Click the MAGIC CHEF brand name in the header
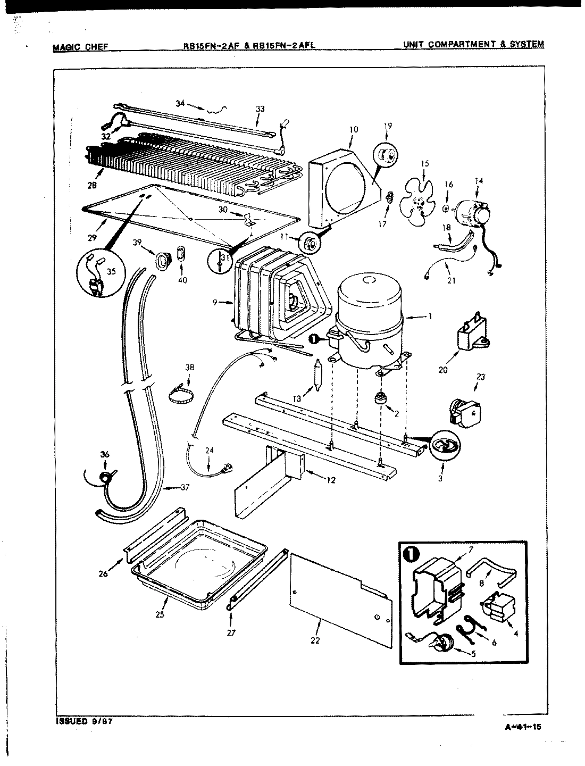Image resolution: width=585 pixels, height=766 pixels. tap(80, 46)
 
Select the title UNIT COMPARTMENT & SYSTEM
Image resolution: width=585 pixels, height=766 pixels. tap(473, 44)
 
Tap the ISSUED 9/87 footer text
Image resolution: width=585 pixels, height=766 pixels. tap(84, 722)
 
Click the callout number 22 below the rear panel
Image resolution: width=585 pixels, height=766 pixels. tap(315, 640)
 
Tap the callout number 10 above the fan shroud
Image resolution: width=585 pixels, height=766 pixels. tap(354, 129)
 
